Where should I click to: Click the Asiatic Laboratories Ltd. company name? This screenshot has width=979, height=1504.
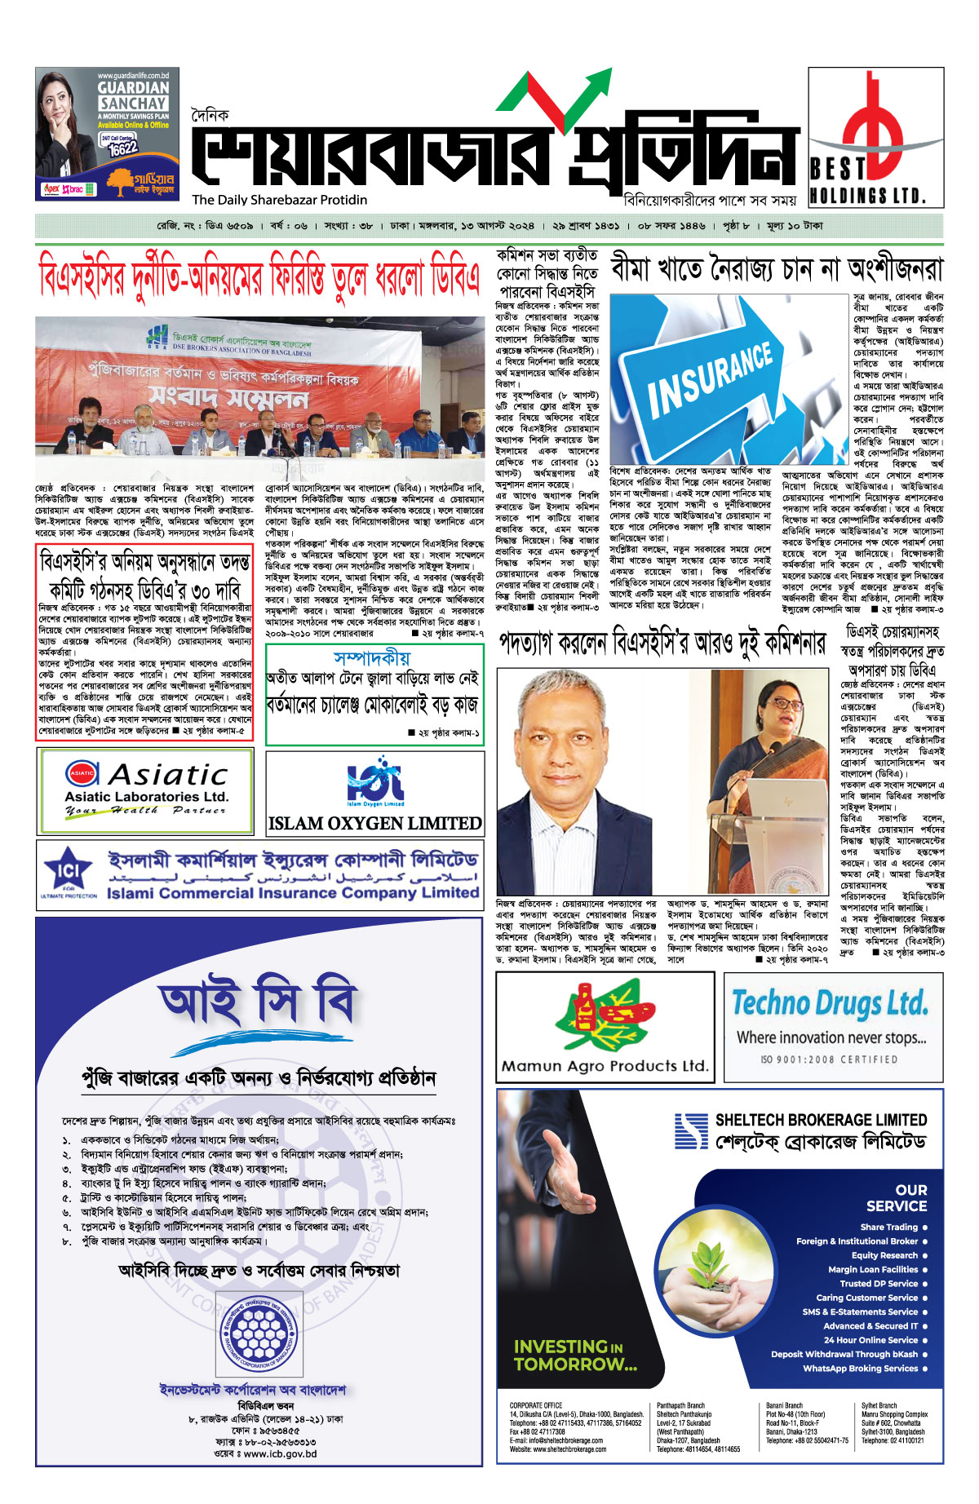coord(147,796)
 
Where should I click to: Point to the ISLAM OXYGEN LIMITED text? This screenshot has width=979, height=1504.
coord(374,824)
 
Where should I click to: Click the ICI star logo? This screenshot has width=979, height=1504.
coord(69,872)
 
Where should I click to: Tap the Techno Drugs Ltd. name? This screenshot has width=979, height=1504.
coord(830,1002)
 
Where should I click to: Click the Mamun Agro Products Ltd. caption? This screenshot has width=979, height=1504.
coord(605,1065)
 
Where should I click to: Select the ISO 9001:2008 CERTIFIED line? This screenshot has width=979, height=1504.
coord(829,1059)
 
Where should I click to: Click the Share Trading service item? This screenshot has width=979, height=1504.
coord(888,1227)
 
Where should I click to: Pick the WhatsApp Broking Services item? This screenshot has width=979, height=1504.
coord(860,1368)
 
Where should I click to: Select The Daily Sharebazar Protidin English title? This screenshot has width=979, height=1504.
coord(280,200)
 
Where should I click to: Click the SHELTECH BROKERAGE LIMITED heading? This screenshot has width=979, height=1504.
coord(821,1120)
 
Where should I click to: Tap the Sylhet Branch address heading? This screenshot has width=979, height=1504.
coord(879,1405)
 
